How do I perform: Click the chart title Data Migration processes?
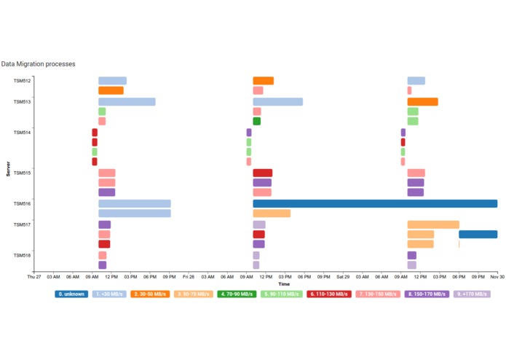click(x=39, y=65)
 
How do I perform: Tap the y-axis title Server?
click(x=8, y=168)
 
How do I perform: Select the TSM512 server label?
click(x=22, y=81)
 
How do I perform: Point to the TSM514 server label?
click(x=22, y=132)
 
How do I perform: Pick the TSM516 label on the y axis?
click(x=22, y=203)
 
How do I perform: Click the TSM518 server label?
click(x=22, y=255)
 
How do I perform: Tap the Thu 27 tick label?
click(x=34, y=278)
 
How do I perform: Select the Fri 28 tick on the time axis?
click(x=189, y=278)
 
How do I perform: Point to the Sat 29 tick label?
click(x=343, y=278)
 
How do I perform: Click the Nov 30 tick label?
click(x=497, y=278)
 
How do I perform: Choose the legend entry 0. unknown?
click(x=71, y=294)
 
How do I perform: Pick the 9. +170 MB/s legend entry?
click(x=472, y=294)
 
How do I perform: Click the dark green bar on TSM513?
click(x=257, y=122)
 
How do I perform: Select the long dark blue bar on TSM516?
click(x=375, y=204)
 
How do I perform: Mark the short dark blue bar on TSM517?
click(x=478, y=235)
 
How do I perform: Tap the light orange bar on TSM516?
click(x=272, y=214)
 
